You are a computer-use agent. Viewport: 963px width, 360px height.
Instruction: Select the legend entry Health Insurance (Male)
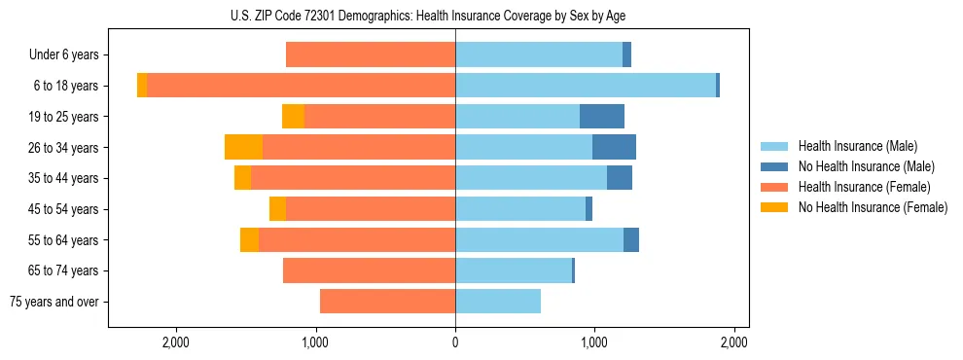pyautogui.click(x=857, y=146)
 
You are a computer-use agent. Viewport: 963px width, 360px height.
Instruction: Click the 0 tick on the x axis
pyautogui.click(x=455, y=342)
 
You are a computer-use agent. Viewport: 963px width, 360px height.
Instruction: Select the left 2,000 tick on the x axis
pyautogui.click(x=176, y=342)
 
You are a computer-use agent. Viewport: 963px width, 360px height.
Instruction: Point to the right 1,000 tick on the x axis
pyautogui.click(x=594, y=342)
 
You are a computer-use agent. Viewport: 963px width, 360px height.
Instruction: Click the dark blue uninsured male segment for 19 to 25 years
pyautogui.click(x=602, y=117)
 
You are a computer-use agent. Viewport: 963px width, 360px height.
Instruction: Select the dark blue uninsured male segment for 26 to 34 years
pyautogui.click(x=614, y=147)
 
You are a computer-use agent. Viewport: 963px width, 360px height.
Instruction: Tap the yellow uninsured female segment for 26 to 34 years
pyautogui.click(x=243, y=147)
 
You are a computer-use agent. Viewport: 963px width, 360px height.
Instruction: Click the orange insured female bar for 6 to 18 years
pyautogui.click(x=302, y=86)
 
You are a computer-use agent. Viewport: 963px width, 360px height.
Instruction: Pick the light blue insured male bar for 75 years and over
pyautogui.click(x=498, y=302)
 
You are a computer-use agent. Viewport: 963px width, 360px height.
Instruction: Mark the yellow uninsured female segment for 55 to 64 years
pyautogui.click(x=249, y=239)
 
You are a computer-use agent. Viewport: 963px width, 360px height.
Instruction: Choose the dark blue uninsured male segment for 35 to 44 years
pyautogui.click(x=620, y=178)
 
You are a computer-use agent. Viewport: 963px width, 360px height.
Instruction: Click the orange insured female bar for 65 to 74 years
pyautogui.click(x=370, y=270)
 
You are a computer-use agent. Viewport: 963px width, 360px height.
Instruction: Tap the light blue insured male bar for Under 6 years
pyautogui.click(x=539, y=55)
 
